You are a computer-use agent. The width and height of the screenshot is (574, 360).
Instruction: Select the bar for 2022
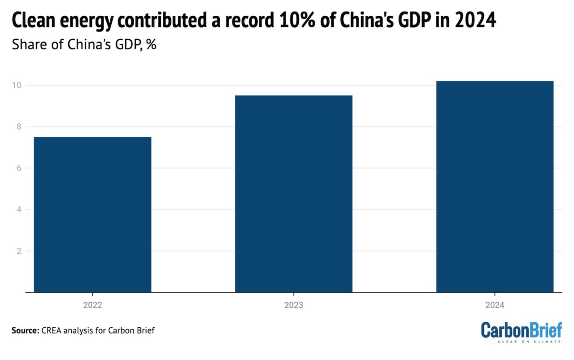pyautogui.click(x=92, y=214)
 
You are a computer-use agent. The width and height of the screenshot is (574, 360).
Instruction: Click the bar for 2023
pyautogui.click(x=294, y=194)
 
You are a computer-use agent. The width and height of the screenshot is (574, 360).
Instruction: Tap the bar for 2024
pyautogui.click(x=495, y=187)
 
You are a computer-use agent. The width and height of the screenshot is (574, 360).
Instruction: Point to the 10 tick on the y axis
pyautogui.click(x=19, y=85)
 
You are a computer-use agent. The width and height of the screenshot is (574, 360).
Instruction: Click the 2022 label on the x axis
pyautogui.click(x=92, y=305)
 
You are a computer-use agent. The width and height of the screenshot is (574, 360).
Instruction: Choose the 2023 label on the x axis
pyautogui.click(x=294, y=305)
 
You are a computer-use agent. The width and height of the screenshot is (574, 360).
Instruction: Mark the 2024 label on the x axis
pyautogui.click(x=495, y=305)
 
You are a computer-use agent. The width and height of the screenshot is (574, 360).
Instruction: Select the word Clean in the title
pyautogui.click(x=31, y=21)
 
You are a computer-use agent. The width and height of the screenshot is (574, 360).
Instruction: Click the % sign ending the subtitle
pyautogui.click(x=151, y=45)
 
